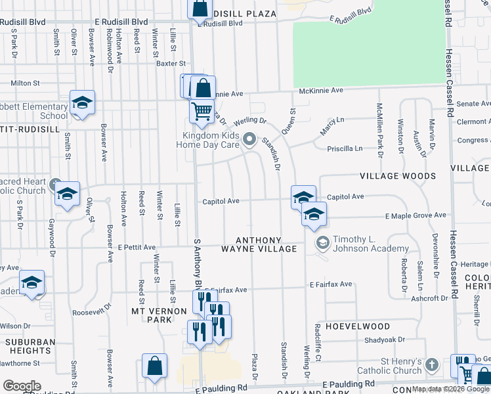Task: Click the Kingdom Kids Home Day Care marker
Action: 249,139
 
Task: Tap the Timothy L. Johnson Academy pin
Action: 322,244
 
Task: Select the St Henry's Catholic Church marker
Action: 431,364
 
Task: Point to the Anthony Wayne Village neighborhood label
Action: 259,244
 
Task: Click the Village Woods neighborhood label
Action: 397,176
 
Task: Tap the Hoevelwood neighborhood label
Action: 358,326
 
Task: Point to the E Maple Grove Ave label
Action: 415,215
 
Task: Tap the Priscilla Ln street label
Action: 345,149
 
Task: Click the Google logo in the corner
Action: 22,386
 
